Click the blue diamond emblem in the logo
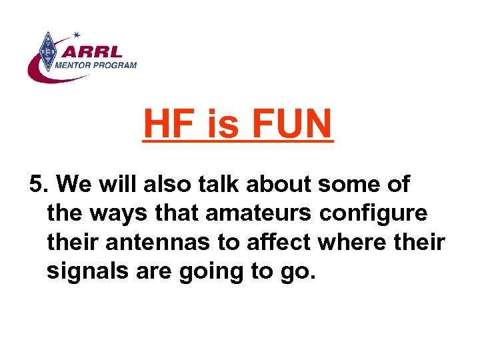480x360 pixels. tap(47, 51)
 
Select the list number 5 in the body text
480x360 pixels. tap(37, 185)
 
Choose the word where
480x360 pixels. tap(349, 242)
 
